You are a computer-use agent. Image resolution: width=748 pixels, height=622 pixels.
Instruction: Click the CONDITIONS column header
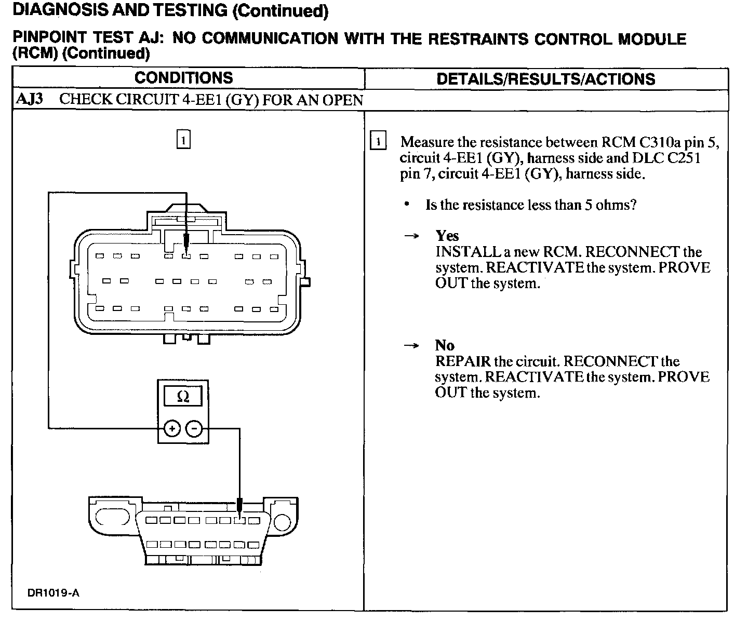[x=184, y=78]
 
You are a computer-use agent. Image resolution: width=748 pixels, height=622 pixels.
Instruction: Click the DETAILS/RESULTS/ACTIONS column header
[x=546, y=79]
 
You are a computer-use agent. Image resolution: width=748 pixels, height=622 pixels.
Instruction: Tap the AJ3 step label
[x=30, y=99]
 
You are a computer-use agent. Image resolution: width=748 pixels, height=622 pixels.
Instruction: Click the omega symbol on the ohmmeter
[x=183, y=397]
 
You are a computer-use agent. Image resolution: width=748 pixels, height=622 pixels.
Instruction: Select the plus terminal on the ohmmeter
[x=172, y=428]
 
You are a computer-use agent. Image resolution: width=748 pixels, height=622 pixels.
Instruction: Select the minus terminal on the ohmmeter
[x=194, y=428]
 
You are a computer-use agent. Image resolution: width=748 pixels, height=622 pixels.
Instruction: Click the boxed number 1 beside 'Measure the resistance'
[x=378, y=142]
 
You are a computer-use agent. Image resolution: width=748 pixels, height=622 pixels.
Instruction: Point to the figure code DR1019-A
[x=54, y=593]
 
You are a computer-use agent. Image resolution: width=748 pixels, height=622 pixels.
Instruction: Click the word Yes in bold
[x=447, y=236]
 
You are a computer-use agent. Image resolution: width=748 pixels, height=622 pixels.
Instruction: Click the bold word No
[x=445, y=345]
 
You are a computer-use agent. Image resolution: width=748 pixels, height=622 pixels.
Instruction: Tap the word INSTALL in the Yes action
[x=466, y=252]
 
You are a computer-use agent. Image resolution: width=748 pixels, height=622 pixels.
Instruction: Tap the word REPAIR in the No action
[x=462, y=361]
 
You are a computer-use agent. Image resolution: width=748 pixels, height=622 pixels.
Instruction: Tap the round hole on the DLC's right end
[x=284, y=521]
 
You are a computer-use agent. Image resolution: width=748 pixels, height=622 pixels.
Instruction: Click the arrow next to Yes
[x=411, y=236]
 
